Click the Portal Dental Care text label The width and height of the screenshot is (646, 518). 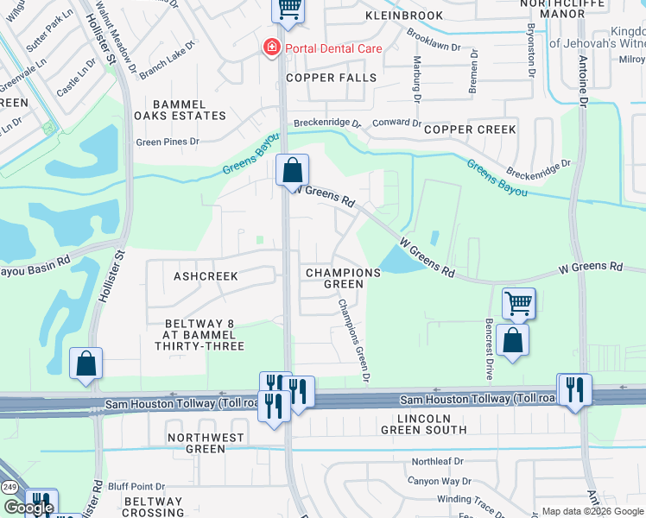coord(334,48)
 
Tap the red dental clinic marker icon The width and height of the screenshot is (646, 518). coord(272,47)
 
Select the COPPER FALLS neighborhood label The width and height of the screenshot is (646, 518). coord(332,78)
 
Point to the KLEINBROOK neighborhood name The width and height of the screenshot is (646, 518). coord(403,16)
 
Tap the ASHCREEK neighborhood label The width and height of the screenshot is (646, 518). coord(206,275)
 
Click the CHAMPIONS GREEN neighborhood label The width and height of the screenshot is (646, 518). coord(343,278)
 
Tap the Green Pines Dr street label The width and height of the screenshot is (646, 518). coord(168,142)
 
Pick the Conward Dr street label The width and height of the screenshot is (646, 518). coord(396,123)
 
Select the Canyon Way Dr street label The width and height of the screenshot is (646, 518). coord(440,481)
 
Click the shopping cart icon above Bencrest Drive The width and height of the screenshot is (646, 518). coord(518,304)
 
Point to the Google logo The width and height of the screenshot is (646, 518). coord(28,507)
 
